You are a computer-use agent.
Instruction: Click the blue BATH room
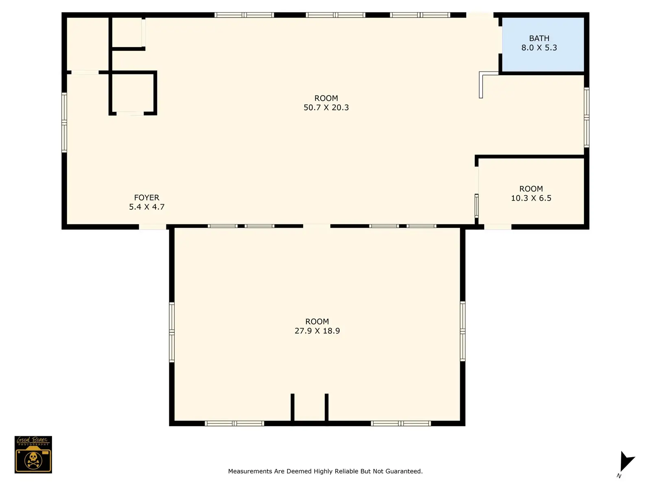click(542, 44)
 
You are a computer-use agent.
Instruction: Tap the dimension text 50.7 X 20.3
click(326, 107)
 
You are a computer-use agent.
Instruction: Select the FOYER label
click(146, 197)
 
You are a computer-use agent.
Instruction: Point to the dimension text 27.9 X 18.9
click(317, 331)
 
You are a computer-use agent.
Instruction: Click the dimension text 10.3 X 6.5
click(531, 198)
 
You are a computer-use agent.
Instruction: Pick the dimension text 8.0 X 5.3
click(539, 48)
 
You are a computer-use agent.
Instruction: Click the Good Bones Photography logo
click(33, 454)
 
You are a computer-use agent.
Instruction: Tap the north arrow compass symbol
click(627, 461)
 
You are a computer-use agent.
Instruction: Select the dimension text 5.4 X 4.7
click(146, 207)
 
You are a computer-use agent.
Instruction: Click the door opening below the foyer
click(153, 227)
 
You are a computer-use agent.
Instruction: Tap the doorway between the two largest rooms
click(317, 227)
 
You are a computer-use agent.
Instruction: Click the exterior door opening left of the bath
click(480, 15)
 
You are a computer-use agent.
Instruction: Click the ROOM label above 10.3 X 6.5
click(531, 189)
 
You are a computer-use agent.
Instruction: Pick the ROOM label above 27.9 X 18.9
click(317, 322)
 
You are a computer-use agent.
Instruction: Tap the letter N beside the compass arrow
click(619, 476)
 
